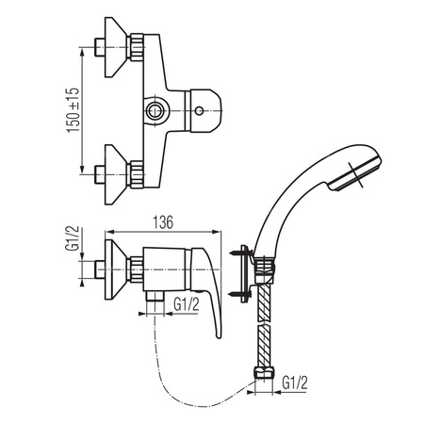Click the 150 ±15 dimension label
(73, 110)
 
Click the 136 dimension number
(163, 222)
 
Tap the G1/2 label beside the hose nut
(295, 383)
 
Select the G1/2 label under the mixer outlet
(187, 304)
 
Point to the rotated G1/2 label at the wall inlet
(72, 238)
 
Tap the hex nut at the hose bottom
(264, 372)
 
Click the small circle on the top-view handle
(199, 110)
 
